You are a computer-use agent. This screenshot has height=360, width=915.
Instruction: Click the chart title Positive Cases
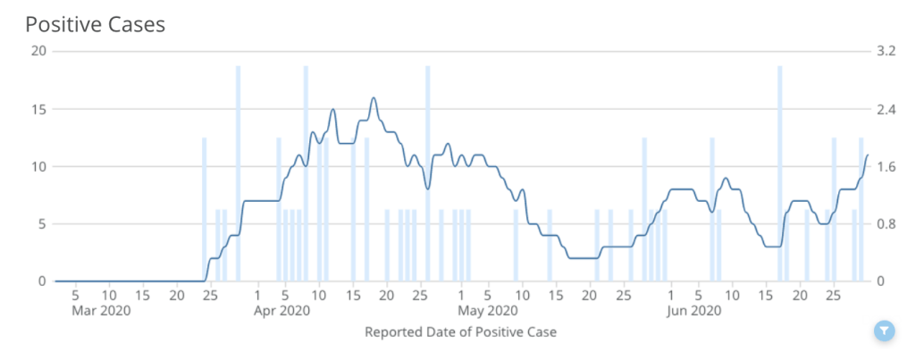95,24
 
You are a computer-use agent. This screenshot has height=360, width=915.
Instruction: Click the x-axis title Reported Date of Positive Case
460,332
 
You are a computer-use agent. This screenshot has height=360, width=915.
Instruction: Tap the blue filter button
883,331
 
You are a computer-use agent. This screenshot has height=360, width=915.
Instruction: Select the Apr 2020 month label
282,311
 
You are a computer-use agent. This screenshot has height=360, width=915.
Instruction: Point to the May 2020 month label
487,311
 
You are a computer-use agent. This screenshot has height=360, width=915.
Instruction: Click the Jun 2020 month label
694,311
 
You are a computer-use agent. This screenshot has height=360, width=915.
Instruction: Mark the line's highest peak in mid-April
374,98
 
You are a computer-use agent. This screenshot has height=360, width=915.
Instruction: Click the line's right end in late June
868,155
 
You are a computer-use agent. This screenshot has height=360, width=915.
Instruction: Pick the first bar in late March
205,210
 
